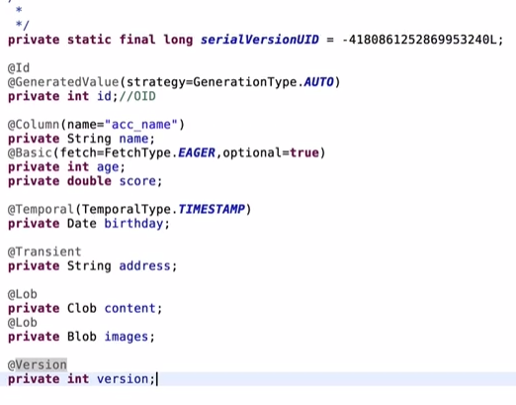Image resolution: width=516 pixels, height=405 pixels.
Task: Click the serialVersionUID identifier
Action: (260, 40)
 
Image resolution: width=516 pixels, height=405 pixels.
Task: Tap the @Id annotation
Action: (19, 68)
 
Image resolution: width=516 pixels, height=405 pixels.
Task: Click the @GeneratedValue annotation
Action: (63, 82)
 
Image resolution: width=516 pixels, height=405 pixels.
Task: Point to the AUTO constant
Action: (318, 82)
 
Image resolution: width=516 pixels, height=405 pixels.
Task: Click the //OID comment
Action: (137, 96)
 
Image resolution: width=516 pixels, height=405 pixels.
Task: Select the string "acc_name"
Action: (141, 125)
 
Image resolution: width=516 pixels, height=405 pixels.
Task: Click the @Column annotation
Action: (34, 125)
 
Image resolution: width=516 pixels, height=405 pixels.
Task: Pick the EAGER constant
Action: (197, 152)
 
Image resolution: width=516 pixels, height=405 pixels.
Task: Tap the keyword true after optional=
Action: (304, 152)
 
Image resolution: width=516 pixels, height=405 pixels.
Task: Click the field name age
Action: (108, 167)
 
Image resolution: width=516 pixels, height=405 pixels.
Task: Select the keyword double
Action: (89, 181)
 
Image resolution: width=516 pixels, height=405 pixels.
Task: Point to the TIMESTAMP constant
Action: (212, 209)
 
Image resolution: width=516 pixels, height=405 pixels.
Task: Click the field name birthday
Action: (133, 224)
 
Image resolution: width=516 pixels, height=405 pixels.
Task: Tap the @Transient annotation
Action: (44, 252)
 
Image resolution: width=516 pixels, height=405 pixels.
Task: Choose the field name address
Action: (144, 266)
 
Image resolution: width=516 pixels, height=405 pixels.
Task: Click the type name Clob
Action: (82, 308)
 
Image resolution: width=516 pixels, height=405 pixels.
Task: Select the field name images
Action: (127, 337)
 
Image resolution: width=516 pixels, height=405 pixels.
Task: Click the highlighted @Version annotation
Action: (38, 364)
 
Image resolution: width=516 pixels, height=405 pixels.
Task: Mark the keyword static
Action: (89, 40)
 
